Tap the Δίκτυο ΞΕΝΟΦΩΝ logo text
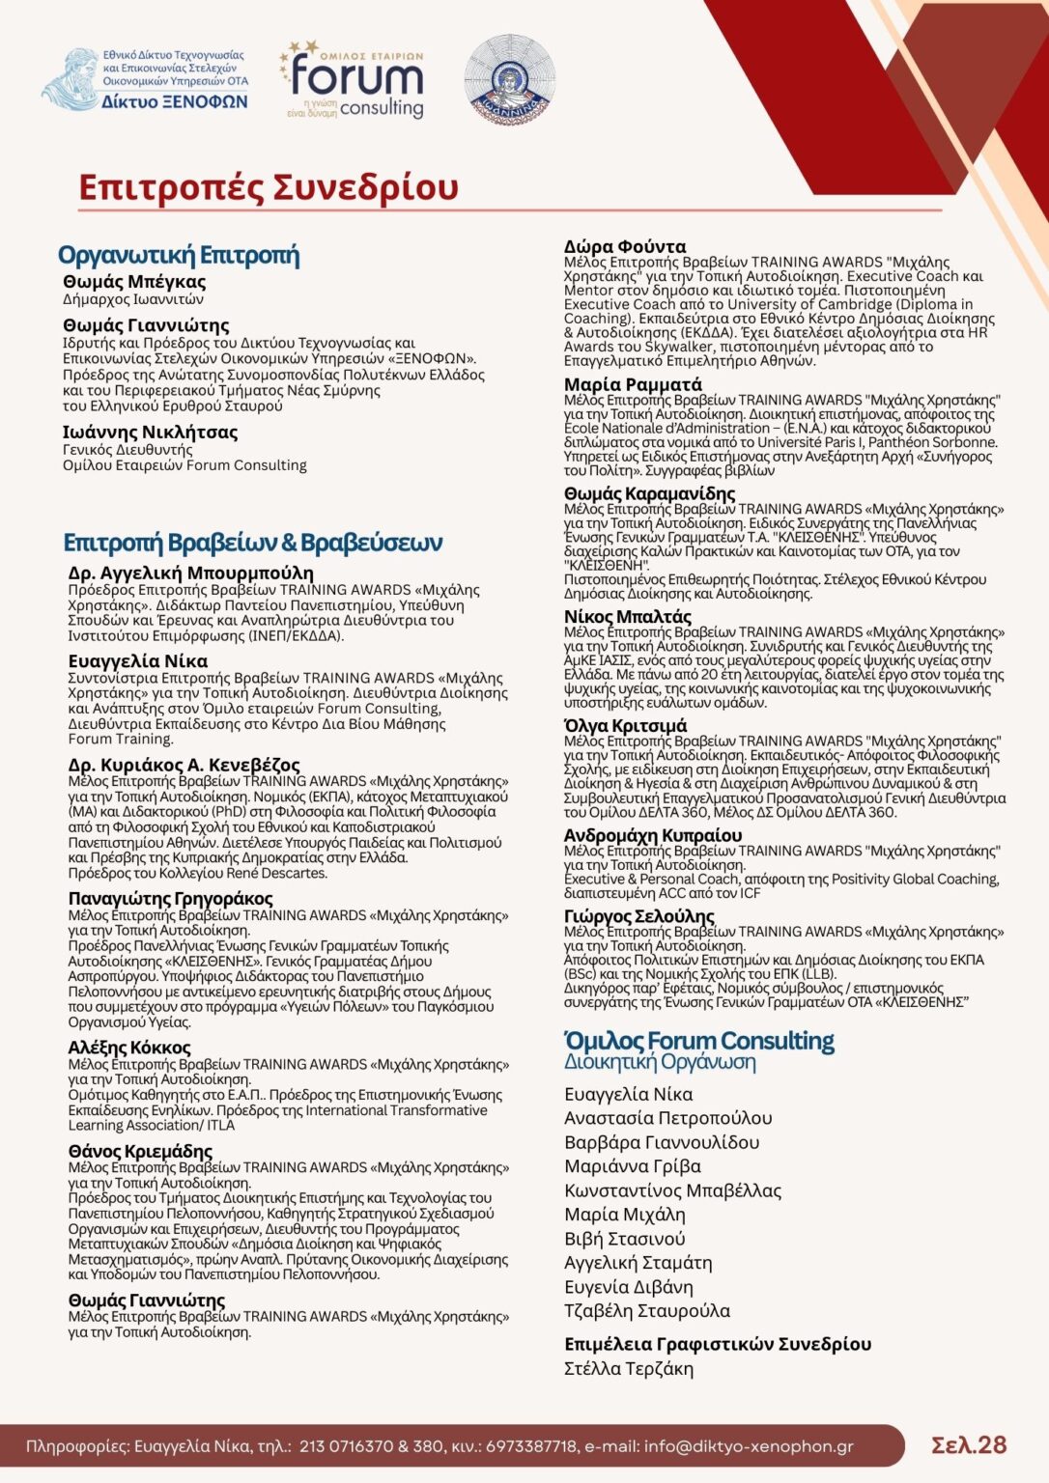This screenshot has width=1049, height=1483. click(174, 101)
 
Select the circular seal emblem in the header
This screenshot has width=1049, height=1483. click(509, 79)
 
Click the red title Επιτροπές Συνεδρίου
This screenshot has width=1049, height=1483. click(268, 187)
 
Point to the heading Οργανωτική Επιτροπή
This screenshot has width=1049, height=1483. click(179, 255)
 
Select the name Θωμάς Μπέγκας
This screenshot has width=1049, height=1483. click(134, 282)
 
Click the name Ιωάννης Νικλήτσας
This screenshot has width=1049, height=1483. click(150, 433)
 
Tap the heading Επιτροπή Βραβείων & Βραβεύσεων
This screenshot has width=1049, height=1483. click(253, 543)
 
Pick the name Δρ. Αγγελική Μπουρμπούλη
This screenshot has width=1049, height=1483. click(190, 574)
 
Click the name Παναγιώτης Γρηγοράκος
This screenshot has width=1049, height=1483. click(170, 899)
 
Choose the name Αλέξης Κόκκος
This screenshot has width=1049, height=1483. click(129, 1048)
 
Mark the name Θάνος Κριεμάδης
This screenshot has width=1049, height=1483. click(140, 1151)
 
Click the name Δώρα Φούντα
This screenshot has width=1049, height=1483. click(625, 246)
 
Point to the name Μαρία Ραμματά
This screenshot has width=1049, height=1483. click(633, 384)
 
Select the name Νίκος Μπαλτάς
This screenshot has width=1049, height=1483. click(628, 616)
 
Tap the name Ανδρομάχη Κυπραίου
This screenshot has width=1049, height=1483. click(653, 835)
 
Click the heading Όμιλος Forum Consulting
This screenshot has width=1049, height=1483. click(699, 1041)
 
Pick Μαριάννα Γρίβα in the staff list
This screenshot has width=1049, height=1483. click(633, 1166)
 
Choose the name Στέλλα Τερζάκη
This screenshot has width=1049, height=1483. click(629, 1368)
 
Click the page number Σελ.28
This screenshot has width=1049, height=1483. click(968, 1444)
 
